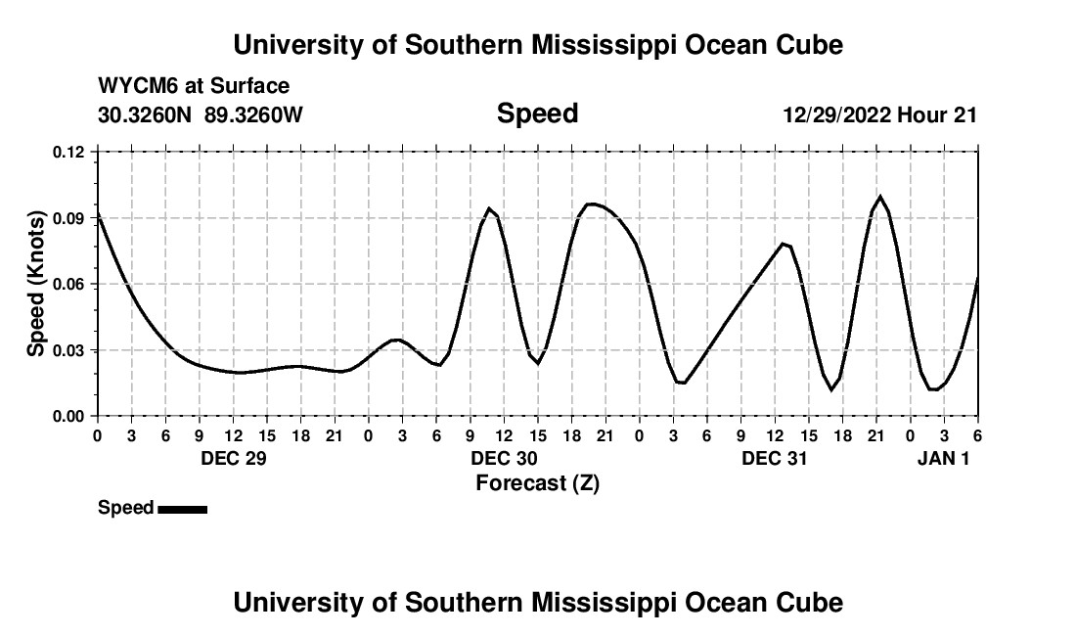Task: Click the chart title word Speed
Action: [537, 114]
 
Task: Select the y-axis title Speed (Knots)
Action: [36, 284]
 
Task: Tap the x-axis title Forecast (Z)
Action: [537, 482]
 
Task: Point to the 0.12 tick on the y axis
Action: [69, 152]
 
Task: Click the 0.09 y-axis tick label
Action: [69, 218]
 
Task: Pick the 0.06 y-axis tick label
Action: [69, 284]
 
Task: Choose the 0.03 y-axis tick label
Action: [69, 350]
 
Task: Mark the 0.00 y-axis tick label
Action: [69, 416]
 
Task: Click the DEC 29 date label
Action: [233, 458]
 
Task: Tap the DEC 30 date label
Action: [504, 458]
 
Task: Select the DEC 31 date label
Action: [775, 458]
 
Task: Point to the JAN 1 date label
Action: [943, 458]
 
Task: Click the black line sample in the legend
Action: [182, 509]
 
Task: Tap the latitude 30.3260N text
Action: [146, 115]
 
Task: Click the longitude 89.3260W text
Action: [254, 115]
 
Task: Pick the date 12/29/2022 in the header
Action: [836, 115]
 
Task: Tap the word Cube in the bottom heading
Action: [811, 603]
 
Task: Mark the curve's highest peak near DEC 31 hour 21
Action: [880, 197]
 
